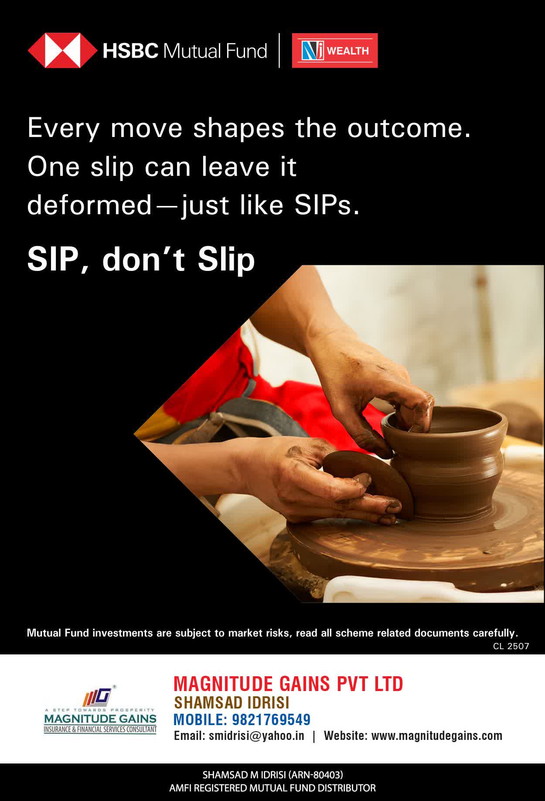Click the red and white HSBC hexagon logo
click(63, 51)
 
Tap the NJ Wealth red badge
click(335, 51)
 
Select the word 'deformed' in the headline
click(89, 205)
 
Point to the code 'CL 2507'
click(511, 646)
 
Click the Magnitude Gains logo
click(100, 709)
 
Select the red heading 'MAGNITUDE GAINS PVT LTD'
click(288, 684)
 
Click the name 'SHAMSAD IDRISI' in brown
click(232, 702)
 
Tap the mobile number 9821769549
click(271, 719)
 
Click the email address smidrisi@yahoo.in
click(256, 736)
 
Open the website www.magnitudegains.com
click(437, 736)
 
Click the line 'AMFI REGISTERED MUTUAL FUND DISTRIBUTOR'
click(272, 788)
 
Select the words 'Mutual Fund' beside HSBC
click(215, 51)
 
